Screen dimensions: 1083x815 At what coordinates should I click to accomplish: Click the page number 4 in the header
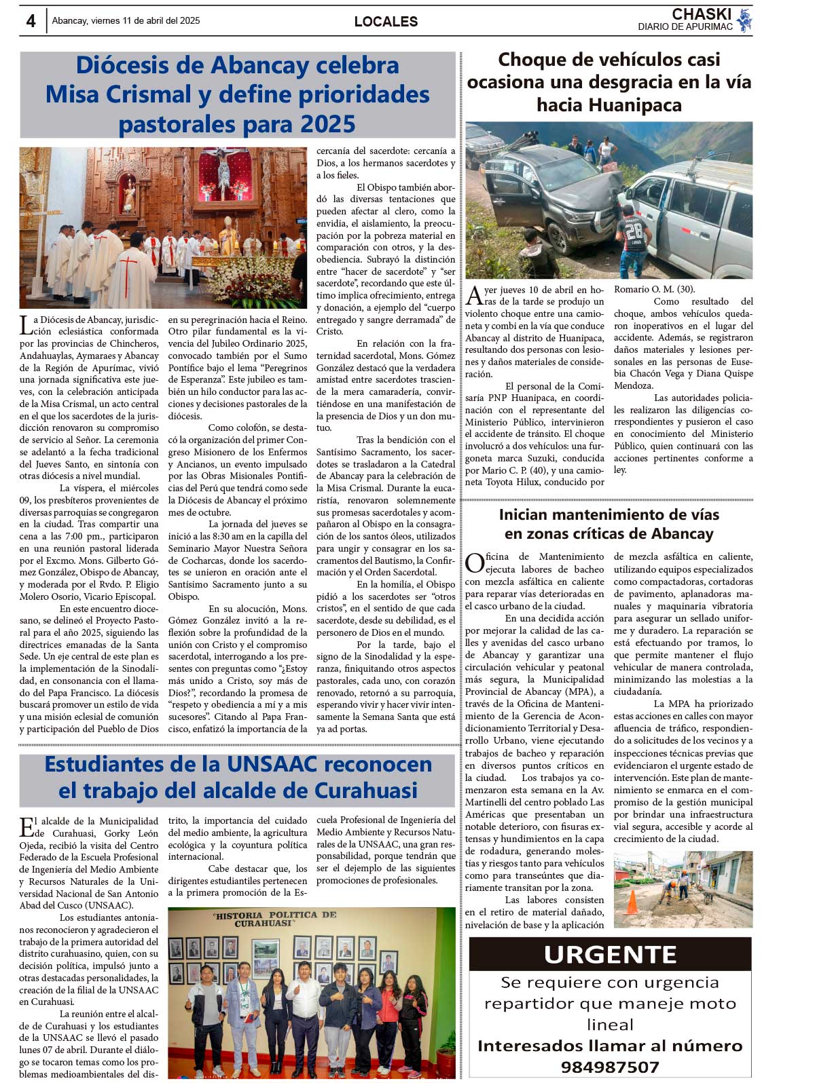31,21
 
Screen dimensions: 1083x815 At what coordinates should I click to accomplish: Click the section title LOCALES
386,22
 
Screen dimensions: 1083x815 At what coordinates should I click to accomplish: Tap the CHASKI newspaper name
702,14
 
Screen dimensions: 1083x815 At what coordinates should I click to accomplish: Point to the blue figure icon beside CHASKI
745,20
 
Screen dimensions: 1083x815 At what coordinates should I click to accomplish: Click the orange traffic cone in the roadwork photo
632,902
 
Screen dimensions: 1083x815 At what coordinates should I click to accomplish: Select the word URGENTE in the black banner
610,955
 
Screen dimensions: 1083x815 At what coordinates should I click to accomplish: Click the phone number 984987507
610,1067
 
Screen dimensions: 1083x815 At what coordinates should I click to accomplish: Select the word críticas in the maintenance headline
600,534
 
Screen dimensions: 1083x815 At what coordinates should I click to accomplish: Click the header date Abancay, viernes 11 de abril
126,21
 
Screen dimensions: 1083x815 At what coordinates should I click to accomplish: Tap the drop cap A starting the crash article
474,296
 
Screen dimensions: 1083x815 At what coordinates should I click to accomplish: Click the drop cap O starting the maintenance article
474,563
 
